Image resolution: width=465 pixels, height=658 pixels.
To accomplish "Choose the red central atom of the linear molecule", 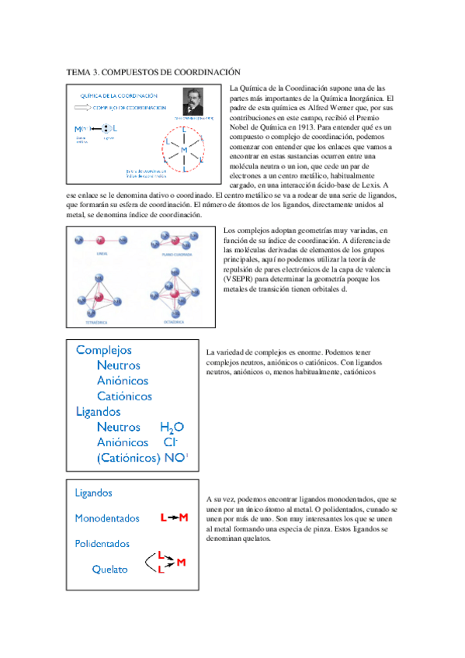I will coord(100,240).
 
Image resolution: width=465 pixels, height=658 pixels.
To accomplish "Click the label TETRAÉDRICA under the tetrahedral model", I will coord(101,320).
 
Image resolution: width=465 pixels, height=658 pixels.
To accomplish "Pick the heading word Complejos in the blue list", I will coord(104,351).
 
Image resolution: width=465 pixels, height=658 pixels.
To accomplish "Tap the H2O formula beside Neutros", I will coord(172,428).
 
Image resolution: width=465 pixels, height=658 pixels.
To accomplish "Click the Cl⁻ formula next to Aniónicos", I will coord(172,442).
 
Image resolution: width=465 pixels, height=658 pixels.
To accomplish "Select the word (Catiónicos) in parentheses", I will coord(129,458).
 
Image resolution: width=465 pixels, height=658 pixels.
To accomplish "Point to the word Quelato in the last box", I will coord(109,569).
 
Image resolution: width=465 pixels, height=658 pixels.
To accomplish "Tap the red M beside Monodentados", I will coord(183,517).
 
